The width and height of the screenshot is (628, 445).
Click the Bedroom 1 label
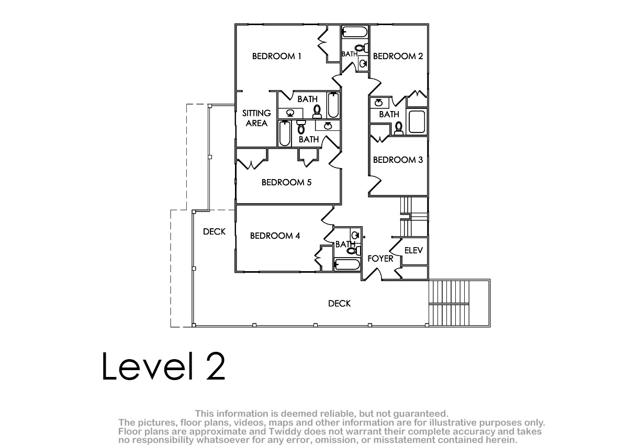(x=276, y=57)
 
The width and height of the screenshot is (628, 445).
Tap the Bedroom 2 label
(x=398, y=57)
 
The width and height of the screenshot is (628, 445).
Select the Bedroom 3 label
(x=398, y=160)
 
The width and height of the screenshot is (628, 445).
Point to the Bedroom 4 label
(x=275, y=236)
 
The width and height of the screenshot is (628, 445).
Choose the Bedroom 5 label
(x=287, y=183)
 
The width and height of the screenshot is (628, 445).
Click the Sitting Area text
(x=256, y=118)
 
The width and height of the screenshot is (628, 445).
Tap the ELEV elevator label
(x=413, y=250)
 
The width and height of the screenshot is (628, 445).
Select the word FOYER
(x=380, y=259)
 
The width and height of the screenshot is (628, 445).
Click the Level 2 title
(x=163, y=366)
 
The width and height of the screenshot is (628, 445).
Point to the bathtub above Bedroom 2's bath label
(x=355, y=32)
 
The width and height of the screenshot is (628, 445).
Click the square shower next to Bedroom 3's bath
(x=417, y=121)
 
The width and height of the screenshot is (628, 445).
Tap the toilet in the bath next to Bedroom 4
(x=354, y=250)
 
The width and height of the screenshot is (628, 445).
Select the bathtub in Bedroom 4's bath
(x=347, y=264)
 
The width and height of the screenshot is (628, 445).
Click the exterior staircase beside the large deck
(x=459, y=303)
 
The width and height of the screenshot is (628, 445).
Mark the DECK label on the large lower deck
(x=339, y=304)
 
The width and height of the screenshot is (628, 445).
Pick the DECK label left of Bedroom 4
(x=214, y=231)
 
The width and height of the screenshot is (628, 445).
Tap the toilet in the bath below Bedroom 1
(x=317, y=112)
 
